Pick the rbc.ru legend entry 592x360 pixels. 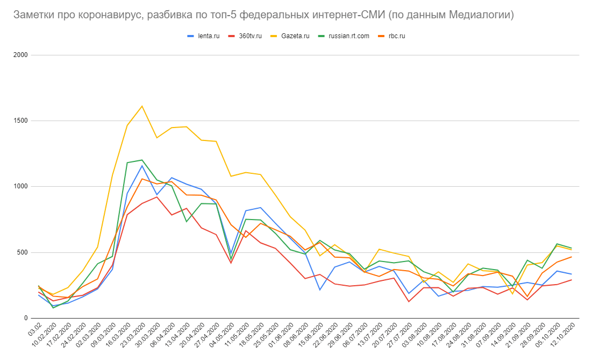(x=397, y=36)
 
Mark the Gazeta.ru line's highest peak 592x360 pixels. (x=141, y=106)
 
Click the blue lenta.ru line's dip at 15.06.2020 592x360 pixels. (x=319, y=290)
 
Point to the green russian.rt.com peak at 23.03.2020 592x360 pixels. (x=141, y=160)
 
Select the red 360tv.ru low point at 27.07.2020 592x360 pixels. (x=408, y=301)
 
